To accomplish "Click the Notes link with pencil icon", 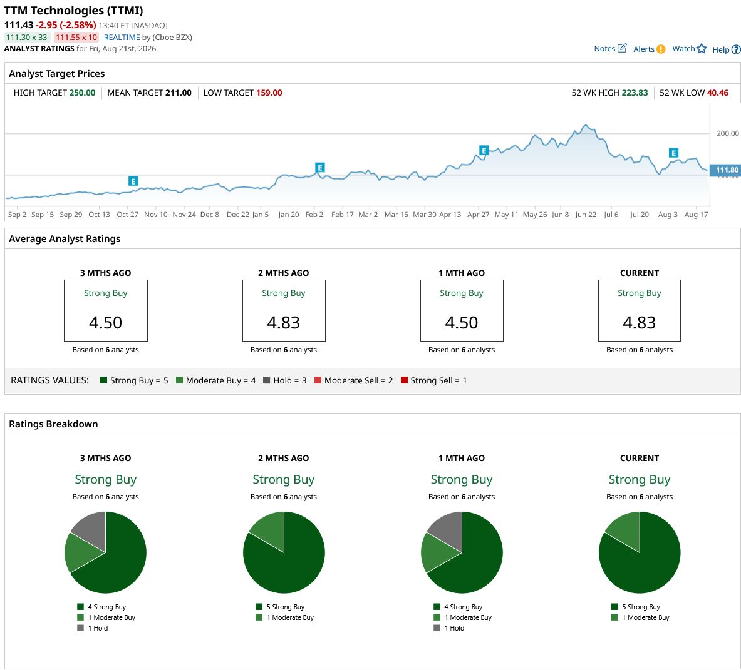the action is click(610, 48).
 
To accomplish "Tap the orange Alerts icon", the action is click(661, 49).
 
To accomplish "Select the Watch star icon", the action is click(702, 49).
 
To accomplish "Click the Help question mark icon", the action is click(736, 49).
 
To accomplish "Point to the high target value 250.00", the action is click(82, 93).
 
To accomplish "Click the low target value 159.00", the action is click(269, 93).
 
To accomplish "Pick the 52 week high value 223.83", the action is click(634, 93).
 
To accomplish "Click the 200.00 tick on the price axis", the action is click(727, 133).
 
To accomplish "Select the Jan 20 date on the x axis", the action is click(288, 214).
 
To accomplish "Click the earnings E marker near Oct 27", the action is click(133, 181).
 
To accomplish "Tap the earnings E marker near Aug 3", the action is click(674, 153).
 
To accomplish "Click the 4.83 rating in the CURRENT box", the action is click(639, 323).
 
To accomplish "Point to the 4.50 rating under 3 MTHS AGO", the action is click(105, 323).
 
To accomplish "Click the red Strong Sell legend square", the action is click(404, 380).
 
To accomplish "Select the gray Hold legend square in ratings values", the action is click(267, 380).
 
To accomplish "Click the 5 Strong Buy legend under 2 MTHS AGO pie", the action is click(280, 607).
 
